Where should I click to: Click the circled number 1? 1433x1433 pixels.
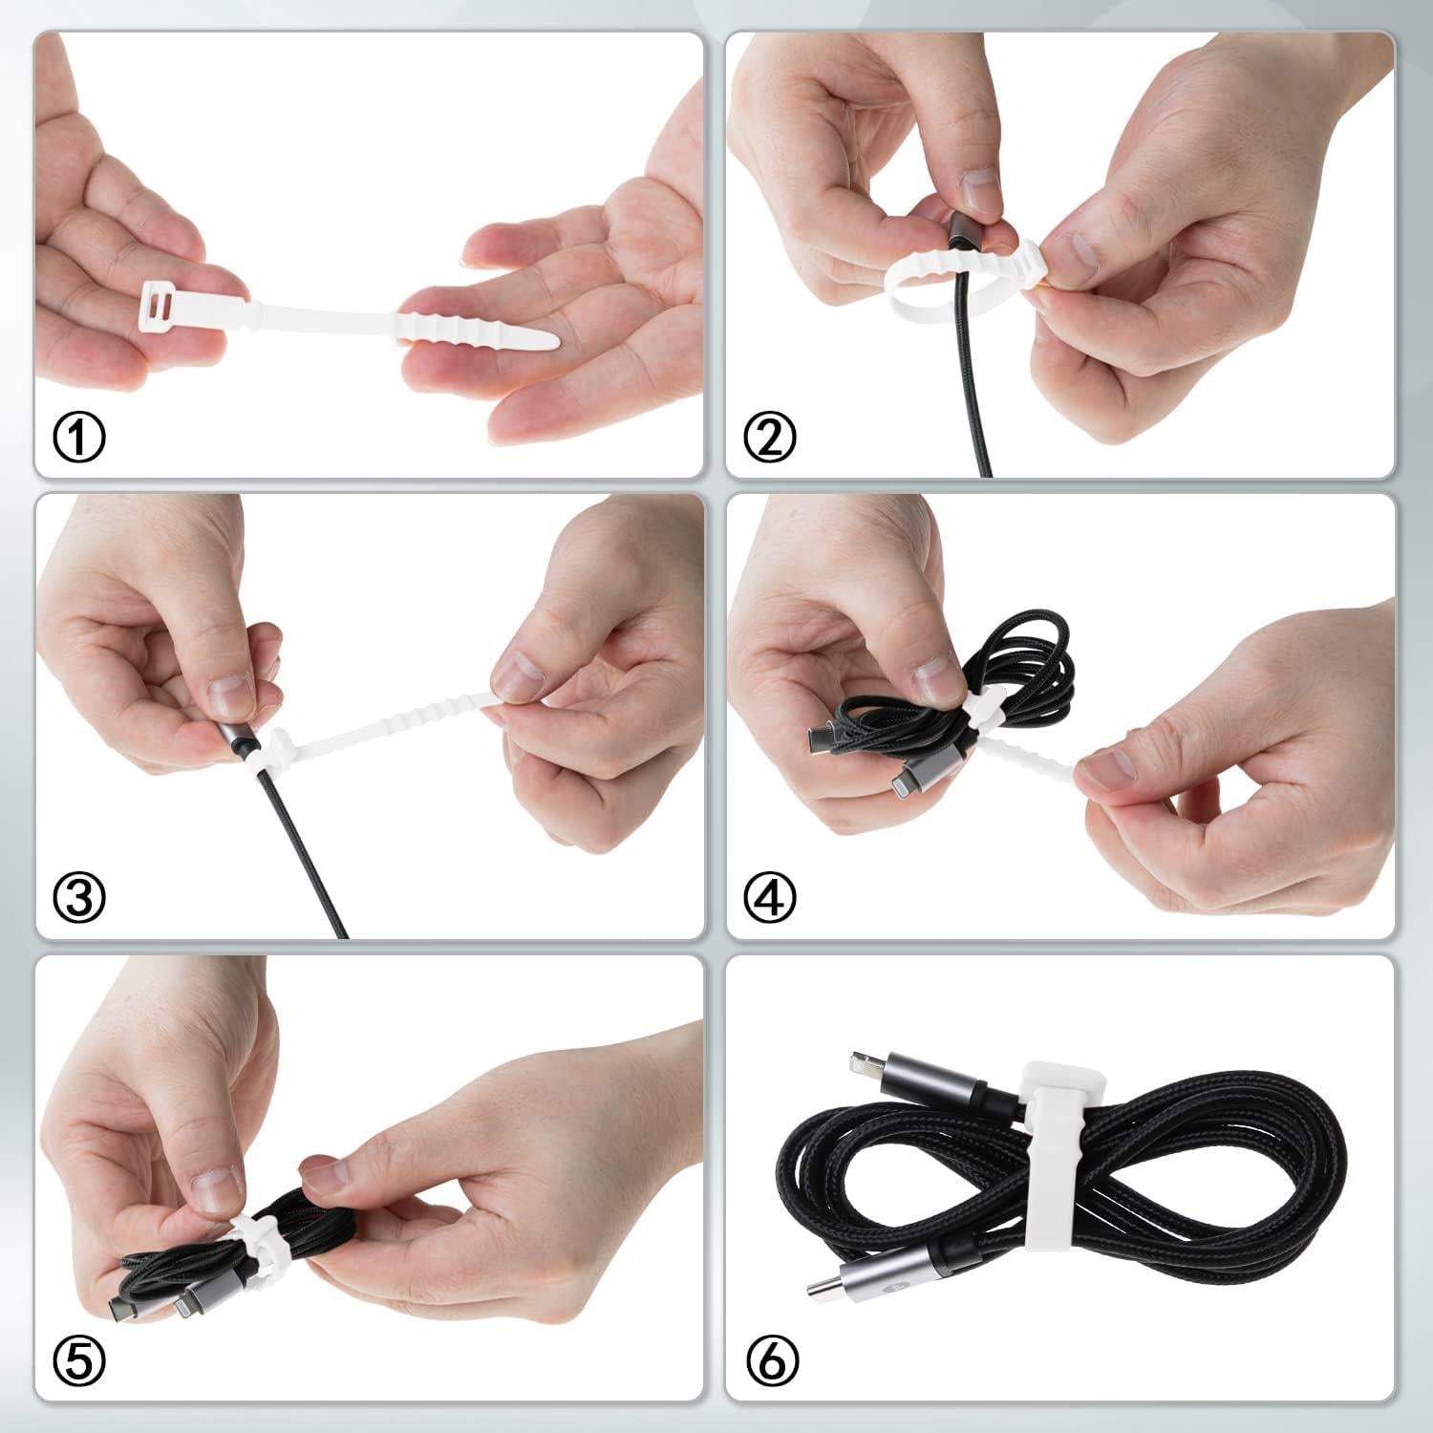click(79, 438)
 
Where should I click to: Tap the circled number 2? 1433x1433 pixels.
click(770, 438)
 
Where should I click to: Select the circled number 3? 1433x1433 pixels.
click(79, 896)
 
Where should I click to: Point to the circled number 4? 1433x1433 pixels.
click(770, 896)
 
